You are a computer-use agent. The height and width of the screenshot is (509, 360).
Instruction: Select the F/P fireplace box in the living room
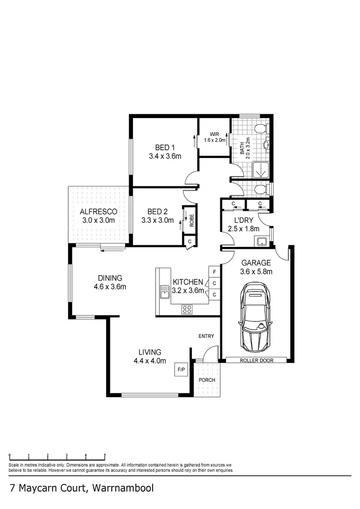(x=181, y=370)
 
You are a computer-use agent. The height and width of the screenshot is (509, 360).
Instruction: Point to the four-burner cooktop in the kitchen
(x=187, y=309)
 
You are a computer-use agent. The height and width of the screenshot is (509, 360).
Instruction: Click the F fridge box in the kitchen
(x=214, y=272)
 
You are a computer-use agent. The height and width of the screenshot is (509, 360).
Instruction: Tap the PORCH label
(x=207, y=380)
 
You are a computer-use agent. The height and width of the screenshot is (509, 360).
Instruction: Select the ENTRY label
(x=206, y=336)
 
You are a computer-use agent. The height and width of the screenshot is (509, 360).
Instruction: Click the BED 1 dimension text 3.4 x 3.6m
(x=165, y=156)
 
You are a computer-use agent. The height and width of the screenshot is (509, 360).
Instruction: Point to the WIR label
(x=214, y=134)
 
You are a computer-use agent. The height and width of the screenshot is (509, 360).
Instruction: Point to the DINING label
(x=110, y=278)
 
